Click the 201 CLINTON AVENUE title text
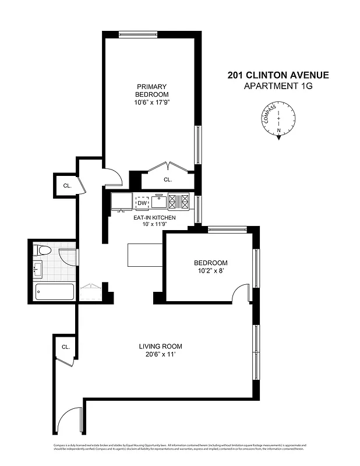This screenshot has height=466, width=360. tap(278, 75)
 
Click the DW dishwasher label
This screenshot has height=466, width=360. tap(142, 203)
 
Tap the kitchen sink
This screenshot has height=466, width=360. tap(158, 202)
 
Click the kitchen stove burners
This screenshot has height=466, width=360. tap(179, 202)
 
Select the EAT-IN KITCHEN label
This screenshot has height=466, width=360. tap(154, 217)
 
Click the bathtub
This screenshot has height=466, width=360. tap(54, 291)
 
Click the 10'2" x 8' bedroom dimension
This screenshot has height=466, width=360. tap(211, 271)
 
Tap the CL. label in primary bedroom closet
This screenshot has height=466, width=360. tap(168, 180)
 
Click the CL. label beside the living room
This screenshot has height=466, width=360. tap(66, 347)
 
